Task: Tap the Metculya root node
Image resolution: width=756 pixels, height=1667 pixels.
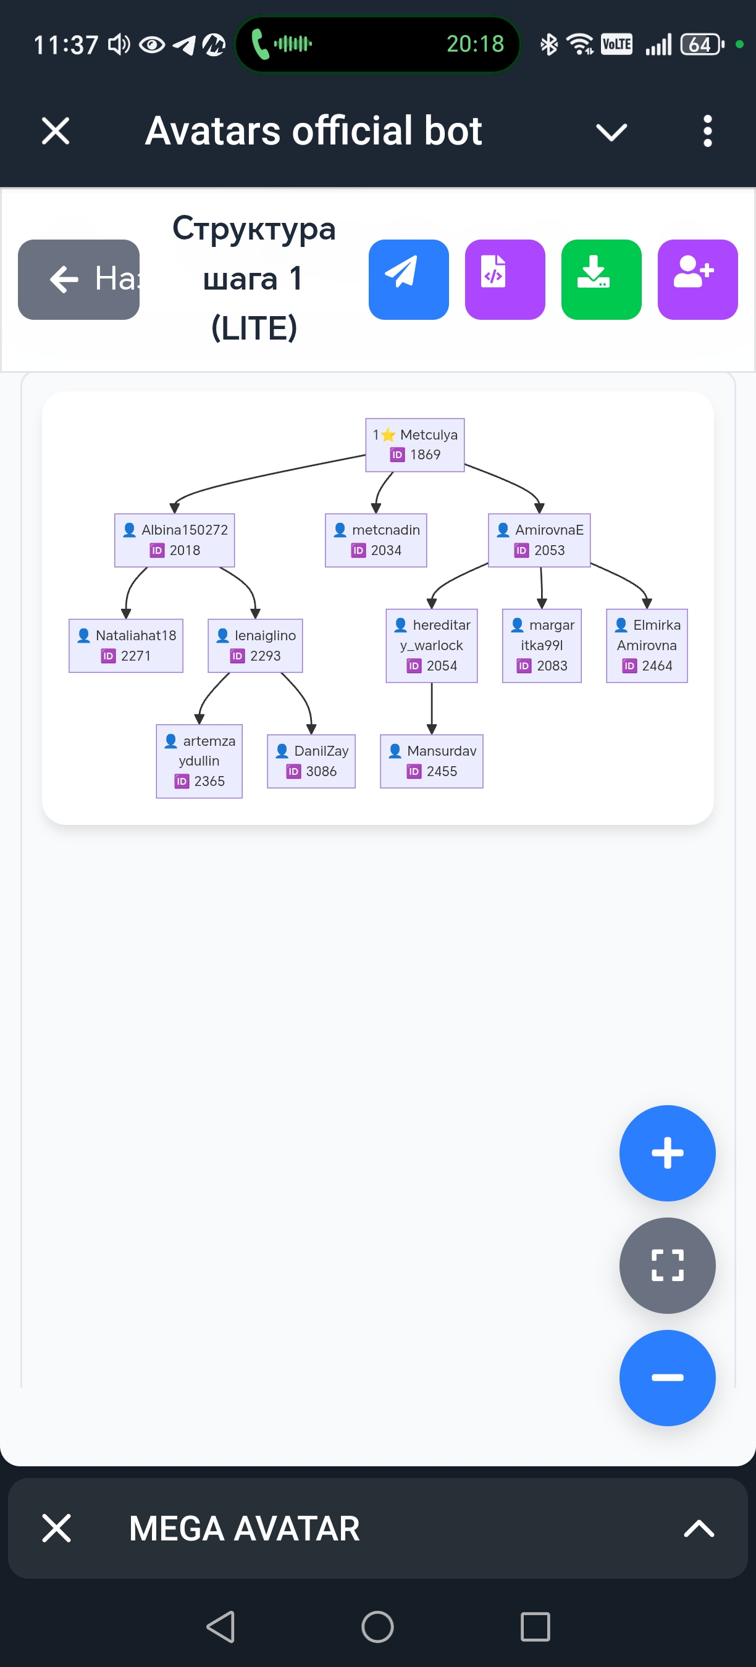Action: (415, 445)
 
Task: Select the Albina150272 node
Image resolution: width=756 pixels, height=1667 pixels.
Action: (175, 540)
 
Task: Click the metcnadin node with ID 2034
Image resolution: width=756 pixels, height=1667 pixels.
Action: (376, 540)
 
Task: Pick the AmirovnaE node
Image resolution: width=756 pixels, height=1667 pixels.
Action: (539, 540)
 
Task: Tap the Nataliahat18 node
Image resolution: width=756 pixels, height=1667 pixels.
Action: (126, 645)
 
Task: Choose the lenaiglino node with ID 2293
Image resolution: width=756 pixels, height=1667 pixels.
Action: (256, 645)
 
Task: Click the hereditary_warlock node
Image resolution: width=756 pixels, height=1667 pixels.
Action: (432, 645)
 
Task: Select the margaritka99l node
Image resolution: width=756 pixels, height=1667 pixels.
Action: (542, 645)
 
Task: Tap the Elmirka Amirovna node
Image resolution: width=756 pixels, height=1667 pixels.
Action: (647, 645)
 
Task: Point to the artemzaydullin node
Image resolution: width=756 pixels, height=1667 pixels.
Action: (199, 761)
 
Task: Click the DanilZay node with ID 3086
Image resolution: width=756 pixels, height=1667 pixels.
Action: (311, 761)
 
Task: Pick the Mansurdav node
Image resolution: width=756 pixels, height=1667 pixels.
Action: (432, 761)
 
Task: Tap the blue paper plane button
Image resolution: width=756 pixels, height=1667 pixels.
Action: (408, 280)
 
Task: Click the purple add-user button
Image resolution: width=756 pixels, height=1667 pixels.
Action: (697, 280)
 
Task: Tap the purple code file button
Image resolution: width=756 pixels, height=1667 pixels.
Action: (505, 280)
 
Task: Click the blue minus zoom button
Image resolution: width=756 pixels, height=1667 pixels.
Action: (667, 1377)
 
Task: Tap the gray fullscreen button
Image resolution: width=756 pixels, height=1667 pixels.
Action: (667, 1265)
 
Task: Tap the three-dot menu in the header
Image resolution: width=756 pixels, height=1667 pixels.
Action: (707, 132)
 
